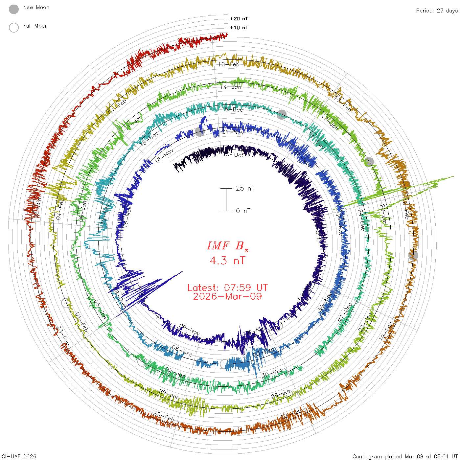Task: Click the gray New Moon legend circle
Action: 14,9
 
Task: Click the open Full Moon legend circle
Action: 14,28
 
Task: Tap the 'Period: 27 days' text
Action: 437,11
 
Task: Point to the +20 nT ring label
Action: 239,19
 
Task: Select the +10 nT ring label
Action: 239,28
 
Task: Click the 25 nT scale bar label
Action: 245,189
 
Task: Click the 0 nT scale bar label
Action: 243,211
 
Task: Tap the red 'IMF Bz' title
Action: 227,246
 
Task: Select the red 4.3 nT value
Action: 227,261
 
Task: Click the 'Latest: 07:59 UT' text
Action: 227,288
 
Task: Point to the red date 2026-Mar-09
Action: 227,297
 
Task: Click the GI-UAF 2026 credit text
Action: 19,456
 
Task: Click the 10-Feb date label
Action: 229,64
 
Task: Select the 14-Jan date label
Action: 231,87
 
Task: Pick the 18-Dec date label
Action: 233,109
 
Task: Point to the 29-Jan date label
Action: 170,394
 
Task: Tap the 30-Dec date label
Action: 272,373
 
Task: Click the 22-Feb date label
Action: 291,414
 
